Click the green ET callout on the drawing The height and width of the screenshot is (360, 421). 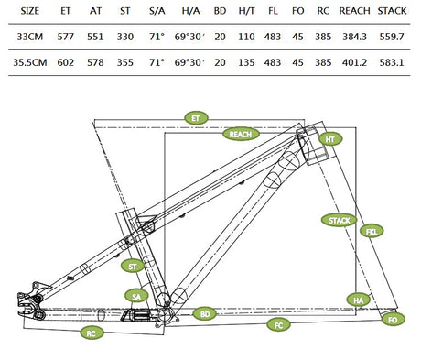(194, 118)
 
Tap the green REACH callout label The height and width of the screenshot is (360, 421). (241, 134)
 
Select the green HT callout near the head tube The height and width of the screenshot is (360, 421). (330, 138)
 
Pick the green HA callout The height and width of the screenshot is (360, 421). (357, 300)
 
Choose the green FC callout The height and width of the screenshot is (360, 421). (277, 325)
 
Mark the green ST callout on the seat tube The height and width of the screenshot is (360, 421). (133, 266)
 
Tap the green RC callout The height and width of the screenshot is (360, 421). (92, 334)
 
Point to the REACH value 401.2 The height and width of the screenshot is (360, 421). (354, 65)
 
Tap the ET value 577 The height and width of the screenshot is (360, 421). (65, 38)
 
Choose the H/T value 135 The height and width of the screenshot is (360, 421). (246, 65)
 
